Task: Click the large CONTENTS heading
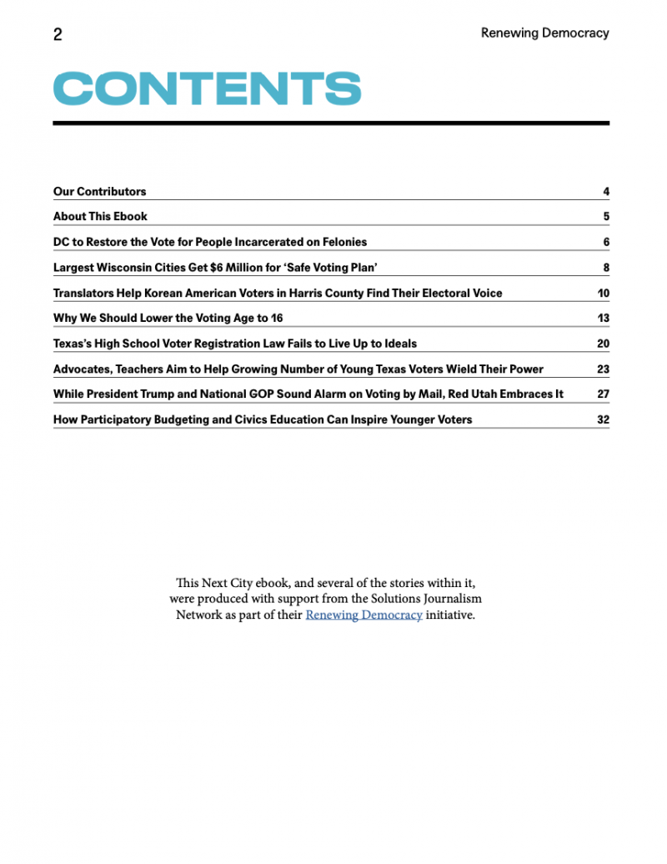[207, 88]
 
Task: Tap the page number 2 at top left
[58, 34]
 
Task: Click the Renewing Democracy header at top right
[544, 33]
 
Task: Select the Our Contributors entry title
[99, 191]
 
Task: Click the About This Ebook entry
[100, 216]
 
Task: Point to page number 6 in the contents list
[606, 242]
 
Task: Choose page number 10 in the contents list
[604, 293]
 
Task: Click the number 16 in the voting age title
[277, 318]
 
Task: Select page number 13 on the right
[604, 318]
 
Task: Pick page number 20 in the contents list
[603, 343]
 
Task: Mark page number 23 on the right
[603, 369]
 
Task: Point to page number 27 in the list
[603, 394]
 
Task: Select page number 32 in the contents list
[603, 419]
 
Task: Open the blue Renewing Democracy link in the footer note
[364, 615]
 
